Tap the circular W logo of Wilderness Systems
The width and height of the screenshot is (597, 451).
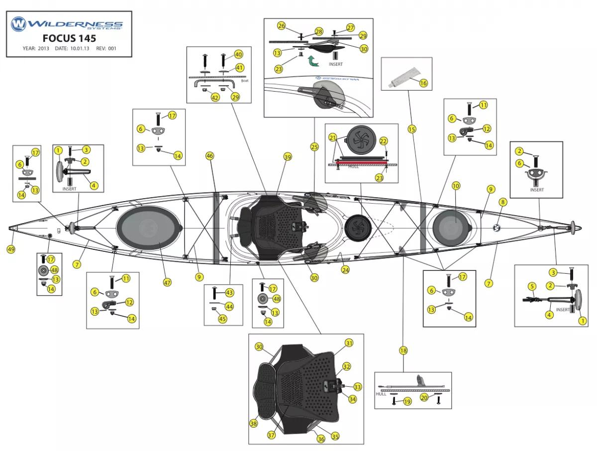[18, 23]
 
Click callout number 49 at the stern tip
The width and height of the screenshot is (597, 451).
[11, 249]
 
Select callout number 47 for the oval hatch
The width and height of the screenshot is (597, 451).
[167, 282]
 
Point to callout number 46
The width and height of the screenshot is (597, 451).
[209, 156]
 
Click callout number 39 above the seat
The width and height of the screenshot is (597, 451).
[288, 157]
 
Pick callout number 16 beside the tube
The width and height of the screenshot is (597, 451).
[423, 83]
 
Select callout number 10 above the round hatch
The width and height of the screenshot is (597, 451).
[456, 186]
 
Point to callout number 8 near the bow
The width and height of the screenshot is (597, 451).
[503, 202]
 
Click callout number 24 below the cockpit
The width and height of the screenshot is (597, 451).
[345, 270]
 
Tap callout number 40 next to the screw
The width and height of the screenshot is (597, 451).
[238, 54]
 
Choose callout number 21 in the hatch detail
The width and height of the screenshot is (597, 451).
[333, 137]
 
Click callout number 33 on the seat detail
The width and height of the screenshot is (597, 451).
[358, 386]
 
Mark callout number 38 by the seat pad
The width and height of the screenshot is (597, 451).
[254, 423]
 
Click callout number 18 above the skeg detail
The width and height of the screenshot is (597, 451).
[403, 350]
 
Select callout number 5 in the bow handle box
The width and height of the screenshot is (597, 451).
[532, 286]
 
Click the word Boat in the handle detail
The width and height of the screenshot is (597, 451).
[244, 81]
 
